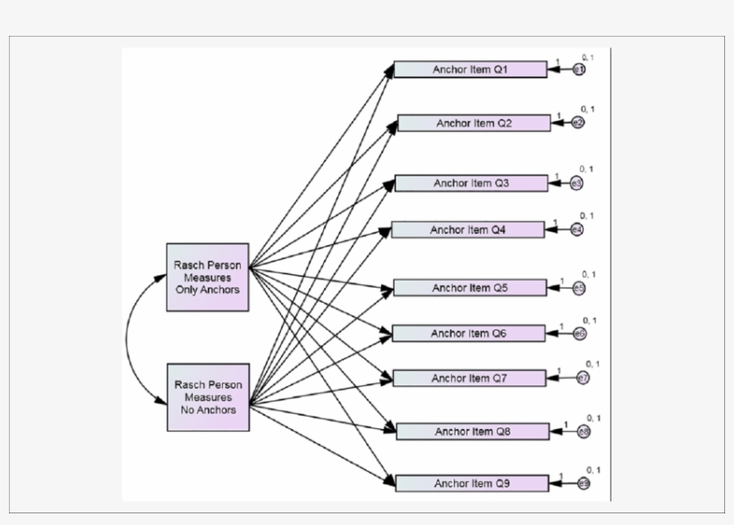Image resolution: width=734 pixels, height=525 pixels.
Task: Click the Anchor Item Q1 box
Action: click(470, 69)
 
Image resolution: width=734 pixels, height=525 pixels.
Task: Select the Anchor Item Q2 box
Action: click(474, 123)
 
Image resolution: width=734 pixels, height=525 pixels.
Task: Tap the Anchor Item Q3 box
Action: click(471, 183)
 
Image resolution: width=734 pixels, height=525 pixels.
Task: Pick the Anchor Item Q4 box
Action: click(467, 229)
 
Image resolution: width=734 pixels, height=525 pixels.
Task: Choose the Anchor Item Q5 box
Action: click(470, 288)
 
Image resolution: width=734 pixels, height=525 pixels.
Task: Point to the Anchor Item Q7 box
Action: click(470, 378)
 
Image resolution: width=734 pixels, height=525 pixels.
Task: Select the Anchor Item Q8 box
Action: click(473, 431)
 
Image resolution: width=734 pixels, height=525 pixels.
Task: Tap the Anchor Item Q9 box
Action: click(472, 483)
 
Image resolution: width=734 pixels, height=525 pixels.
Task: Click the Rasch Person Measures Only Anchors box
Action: click(208, 277)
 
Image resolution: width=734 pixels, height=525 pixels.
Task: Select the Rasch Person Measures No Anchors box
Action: click(208, 397)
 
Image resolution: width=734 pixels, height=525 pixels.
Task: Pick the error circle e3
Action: click(577, 184)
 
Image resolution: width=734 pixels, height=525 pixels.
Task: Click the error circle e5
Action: click(579, 288)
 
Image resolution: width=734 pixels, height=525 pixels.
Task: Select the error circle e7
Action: click(582, 379)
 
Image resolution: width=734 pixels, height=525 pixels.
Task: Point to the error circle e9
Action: click(584, 484)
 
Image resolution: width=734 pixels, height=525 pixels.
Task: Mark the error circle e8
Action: click(584, 432)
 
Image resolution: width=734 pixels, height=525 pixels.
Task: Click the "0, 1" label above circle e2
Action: click(588, 109)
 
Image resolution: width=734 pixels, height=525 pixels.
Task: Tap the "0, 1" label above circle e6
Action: click(591, 320)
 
